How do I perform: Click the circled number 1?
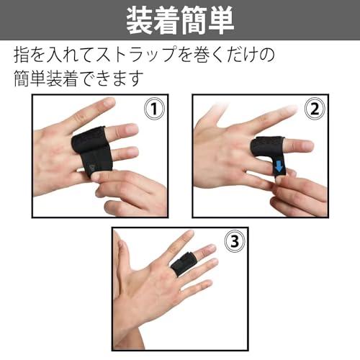(x=155, y=109)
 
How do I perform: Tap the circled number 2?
(x=315, y=109)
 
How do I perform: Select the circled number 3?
(x=235, y=241)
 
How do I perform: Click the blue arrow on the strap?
(x=279, y=166)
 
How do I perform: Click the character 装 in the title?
(x=140, y=20)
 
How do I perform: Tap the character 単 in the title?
(x=221, y=20)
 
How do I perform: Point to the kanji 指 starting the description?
(x=22, y=55)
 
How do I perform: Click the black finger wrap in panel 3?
(x=183, y=264)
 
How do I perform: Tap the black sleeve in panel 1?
(x=91, y=150)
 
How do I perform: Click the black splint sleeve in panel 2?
(x=269, y=153)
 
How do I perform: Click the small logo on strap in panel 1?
(x=91, y=167)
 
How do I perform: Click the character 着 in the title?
(x=167, y=20)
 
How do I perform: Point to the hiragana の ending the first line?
(x=267, y=55)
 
